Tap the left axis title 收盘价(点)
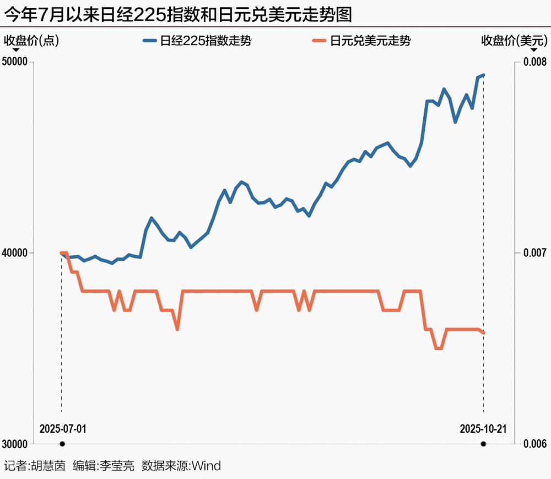32,40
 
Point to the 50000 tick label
16,62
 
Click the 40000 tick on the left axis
16,253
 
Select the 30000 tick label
16,444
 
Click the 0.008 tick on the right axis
535,62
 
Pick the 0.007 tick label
535,253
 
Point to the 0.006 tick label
535,444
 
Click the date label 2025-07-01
63,428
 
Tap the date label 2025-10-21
483,428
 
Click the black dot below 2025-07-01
62,444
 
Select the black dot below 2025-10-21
483,444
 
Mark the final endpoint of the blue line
483,75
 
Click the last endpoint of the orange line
483,333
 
